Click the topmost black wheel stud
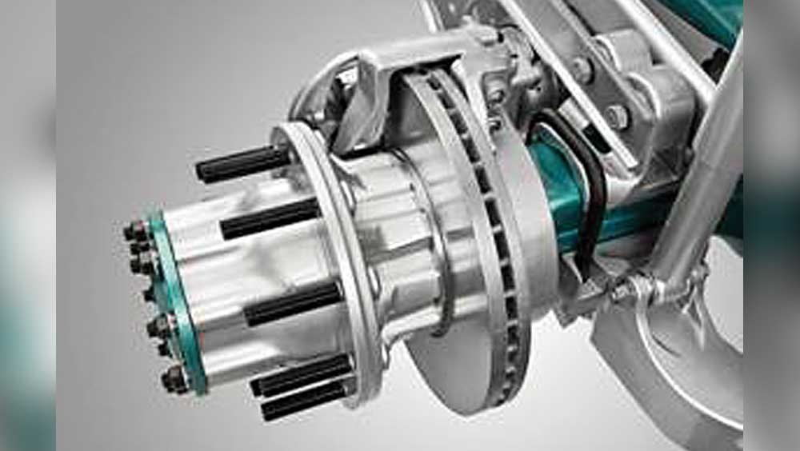click(240, 163)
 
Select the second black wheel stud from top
click(268, 218)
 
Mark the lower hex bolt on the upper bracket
click(618, 118)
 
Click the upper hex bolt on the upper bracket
click(582, 70)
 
